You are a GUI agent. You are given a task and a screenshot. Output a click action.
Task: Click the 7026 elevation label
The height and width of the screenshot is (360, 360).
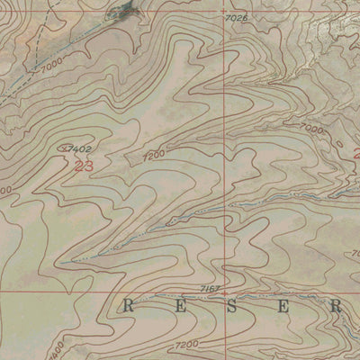tap(236, 17)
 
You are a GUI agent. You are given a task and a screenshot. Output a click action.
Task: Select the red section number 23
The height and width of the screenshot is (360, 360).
tap(84, 166)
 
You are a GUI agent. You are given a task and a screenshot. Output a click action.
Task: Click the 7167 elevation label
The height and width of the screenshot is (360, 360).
tap(210, 287)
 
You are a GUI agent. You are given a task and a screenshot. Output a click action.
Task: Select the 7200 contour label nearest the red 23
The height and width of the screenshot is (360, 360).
tap(154, 156)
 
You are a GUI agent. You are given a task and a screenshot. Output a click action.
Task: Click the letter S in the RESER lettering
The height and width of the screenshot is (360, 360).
tap(230, 306)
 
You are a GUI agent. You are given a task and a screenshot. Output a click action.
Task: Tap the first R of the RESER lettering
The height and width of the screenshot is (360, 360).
tap(127, 306)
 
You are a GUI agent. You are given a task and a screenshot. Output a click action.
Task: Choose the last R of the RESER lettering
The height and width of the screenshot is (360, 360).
tap(336, 306)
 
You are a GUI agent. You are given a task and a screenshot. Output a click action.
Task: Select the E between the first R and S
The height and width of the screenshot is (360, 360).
tap(178, 306)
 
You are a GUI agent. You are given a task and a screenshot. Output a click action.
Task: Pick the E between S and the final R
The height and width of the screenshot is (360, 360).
tap(283, 306)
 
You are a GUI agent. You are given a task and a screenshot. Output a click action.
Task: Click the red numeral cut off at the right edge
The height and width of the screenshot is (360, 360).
tap(355, 153)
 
